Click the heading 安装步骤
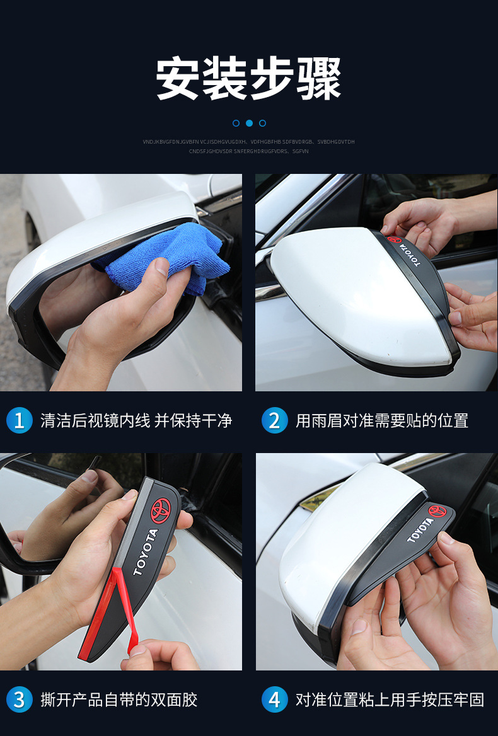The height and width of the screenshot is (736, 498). click(249, 79)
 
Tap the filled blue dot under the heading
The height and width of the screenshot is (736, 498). click(249, 123)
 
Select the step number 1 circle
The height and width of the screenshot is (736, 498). click(19, 420)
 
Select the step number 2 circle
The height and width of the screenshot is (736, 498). click(274, 420)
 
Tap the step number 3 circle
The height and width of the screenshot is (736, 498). click(19, 699)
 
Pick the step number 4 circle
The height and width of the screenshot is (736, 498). click(274, 699)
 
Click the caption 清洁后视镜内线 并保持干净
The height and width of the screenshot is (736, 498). click(136, 420)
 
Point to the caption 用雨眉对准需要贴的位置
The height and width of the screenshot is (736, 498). click(382, 420)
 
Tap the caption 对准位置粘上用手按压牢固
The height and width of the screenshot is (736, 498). click(390, 699)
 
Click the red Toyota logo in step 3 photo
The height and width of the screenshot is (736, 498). click(160, 511)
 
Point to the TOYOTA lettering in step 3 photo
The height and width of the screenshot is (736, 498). click(146, 551)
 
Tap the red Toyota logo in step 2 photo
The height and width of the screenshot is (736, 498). click(394, 240)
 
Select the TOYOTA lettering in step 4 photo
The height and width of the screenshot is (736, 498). click(420, 529)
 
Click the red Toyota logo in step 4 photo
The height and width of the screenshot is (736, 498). click(437, 510)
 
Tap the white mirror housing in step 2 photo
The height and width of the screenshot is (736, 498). click(353, 296)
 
